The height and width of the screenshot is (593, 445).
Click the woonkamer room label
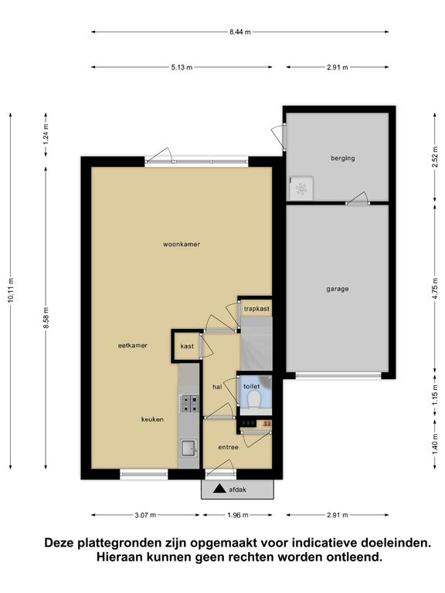(182, 244)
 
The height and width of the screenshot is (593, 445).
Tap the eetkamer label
(132, 345)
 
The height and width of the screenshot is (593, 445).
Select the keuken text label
(152, 419)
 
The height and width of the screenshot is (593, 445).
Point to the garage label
(337, 290)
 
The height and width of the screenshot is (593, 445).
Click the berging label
(343, 158)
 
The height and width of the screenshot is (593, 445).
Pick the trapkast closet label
(256, 309)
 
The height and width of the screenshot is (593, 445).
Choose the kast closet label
(187, 346)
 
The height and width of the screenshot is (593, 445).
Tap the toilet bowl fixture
(253, 399)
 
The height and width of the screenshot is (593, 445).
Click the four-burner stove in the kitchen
(189, 403)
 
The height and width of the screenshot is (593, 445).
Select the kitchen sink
(189, 448)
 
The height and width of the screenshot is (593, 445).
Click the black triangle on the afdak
(219, 489)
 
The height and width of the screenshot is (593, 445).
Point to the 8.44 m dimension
(240, 32)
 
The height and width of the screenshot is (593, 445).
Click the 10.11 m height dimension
(11, 290)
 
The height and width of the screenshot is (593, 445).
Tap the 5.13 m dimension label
(182, 67)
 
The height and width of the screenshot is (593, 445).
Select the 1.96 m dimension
(238, 515)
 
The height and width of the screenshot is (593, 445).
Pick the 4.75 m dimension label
(435, 288)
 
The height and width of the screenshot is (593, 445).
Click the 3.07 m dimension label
(145, 515)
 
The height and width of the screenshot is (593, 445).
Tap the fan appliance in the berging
(301, 188)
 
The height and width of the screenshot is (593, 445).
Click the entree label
(228, 447)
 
